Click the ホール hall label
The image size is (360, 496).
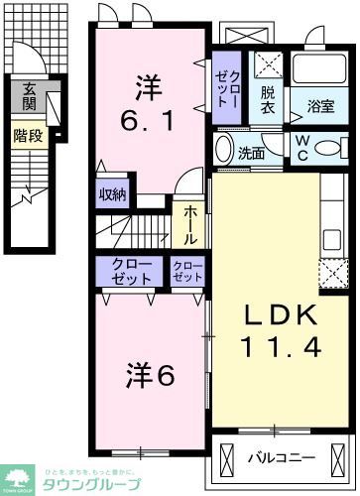(186, 226)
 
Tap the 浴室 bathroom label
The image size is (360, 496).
(319, 105)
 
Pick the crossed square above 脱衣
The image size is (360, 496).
(267, 68)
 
